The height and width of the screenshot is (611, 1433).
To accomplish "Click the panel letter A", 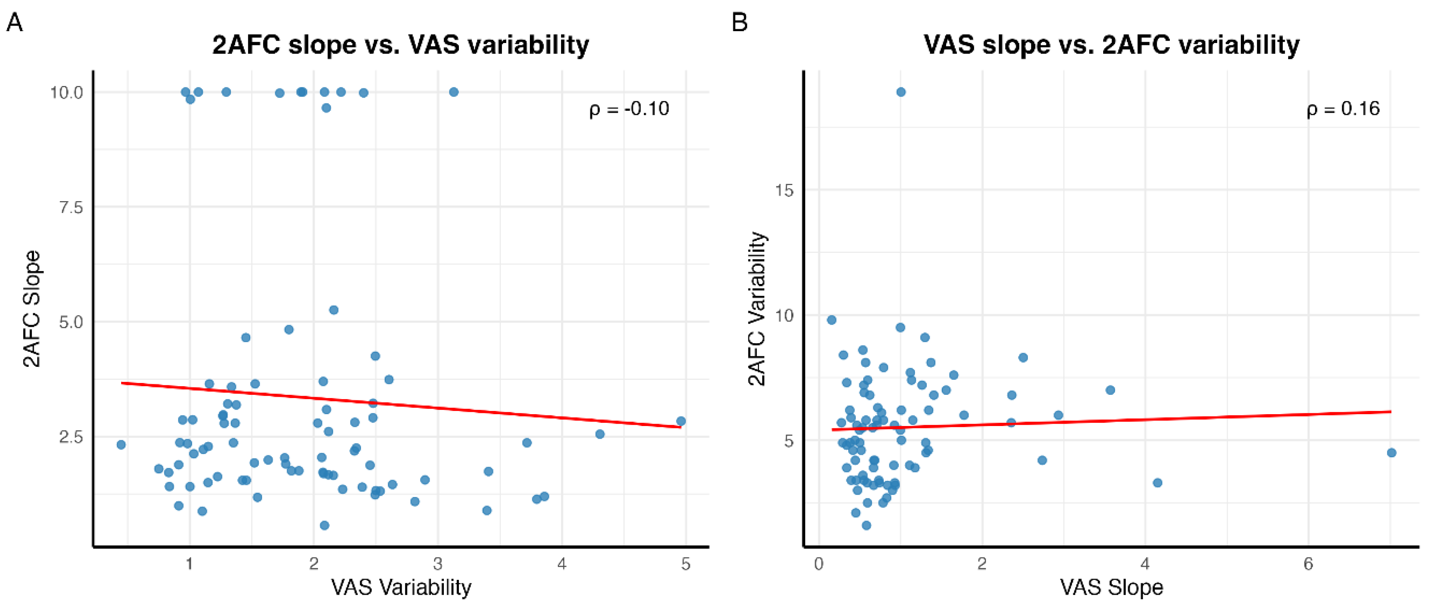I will (x=15, y=23).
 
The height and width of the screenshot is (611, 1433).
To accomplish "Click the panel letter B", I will (x=739, y=23).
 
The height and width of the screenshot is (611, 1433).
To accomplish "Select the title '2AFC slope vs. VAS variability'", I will (x=400, y=45).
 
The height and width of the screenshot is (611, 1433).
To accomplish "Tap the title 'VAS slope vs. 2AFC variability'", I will (x=1111, y=45).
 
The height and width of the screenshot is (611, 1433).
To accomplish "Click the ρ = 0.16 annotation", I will (x=1343, y=109).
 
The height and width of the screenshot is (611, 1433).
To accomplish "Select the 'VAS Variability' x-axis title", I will (x=401, y=587).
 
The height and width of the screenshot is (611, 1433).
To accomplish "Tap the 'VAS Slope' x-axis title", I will (x=1111, y=587).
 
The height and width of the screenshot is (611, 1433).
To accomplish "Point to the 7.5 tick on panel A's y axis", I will (x=71, y=207).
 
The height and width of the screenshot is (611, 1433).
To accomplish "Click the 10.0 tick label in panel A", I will (x=66, y=92).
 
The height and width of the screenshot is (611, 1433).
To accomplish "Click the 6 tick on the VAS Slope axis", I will (x=1308, y=564).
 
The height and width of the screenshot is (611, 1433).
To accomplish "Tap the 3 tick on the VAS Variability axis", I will (x=438, y=564).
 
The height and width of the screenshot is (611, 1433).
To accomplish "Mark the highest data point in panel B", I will (x=901, y=92).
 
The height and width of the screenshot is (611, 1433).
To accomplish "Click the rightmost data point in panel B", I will (x=1391, y=452).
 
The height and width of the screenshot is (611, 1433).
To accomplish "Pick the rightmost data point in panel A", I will (x=681, y=421).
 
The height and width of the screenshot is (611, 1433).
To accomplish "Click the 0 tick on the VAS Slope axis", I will (x=819, y=564).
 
